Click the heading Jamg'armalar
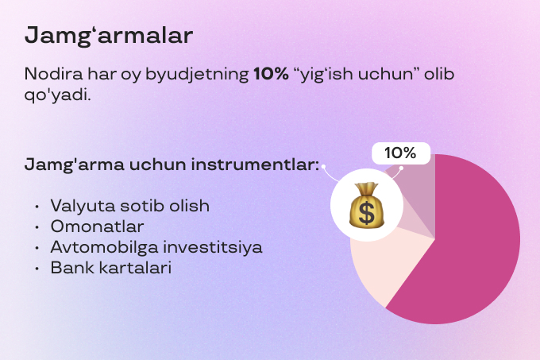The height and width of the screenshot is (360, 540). tap(108, 36)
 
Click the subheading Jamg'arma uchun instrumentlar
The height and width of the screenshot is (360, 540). tap(172, 167)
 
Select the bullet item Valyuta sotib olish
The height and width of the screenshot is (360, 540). tap(129, 206)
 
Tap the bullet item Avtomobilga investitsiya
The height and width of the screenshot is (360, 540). tap(156, 247)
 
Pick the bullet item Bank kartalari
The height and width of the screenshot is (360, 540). tap(110, 268)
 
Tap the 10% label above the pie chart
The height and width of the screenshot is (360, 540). tap(401, 153)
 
